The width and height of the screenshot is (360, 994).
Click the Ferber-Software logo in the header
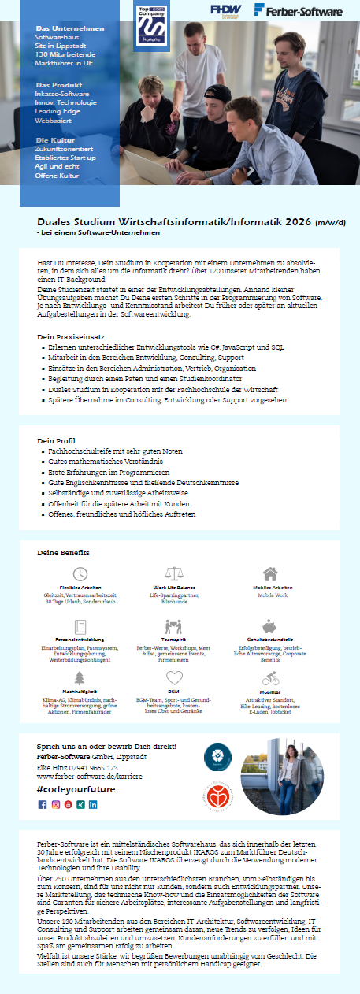pos(298,10)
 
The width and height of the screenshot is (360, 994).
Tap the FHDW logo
pos(226,10)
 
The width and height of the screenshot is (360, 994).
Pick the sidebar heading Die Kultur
pos(54,139)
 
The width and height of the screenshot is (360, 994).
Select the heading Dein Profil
pos(56,440)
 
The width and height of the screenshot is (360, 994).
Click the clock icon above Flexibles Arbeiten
pos(80,573)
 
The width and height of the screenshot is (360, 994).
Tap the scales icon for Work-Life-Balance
pos(174,573)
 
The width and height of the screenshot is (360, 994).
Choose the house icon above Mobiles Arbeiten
pos(270,573)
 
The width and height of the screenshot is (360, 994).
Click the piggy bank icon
pos(270,626)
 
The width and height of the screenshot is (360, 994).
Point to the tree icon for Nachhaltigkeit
pos(80,678)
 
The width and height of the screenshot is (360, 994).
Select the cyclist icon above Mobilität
pos(270,678)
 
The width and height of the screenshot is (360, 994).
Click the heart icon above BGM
pos(174,678)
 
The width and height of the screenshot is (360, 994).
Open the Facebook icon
pos(43,805)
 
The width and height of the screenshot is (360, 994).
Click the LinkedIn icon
pos(93,805)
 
